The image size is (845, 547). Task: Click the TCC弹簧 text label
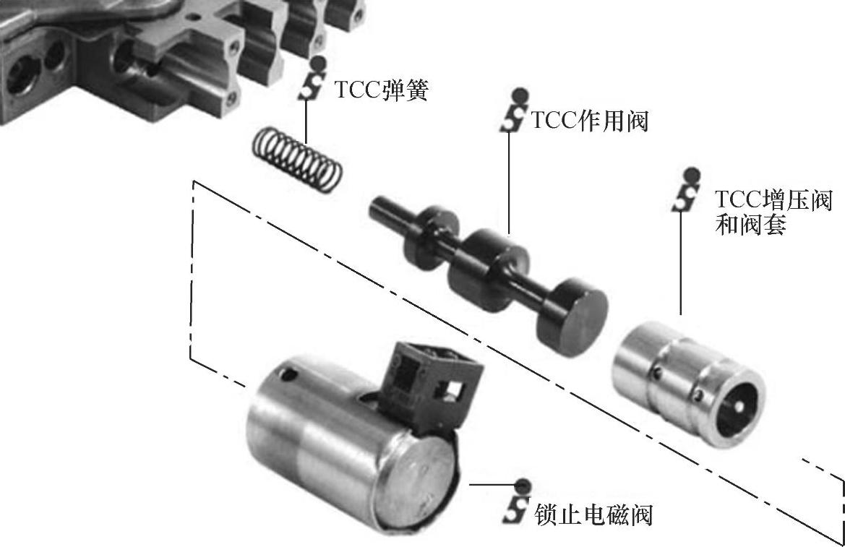click(381, 90)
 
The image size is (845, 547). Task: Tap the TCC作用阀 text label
click(590, 121)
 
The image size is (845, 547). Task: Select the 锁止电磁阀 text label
click(593, 514)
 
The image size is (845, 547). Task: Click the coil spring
click(297, 158)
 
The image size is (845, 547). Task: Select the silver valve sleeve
click(688, 384)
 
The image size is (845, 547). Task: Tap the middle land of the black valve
click(488, 270)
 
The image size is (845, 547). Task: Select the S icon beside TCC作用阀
click(512, 110)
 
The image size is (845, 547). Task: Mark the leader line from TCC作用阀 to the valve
click(510, 184)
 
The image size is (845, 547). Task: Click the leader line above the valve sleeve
click(681, 263)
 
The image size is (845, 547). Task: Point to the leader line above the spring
click(306, 122)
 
